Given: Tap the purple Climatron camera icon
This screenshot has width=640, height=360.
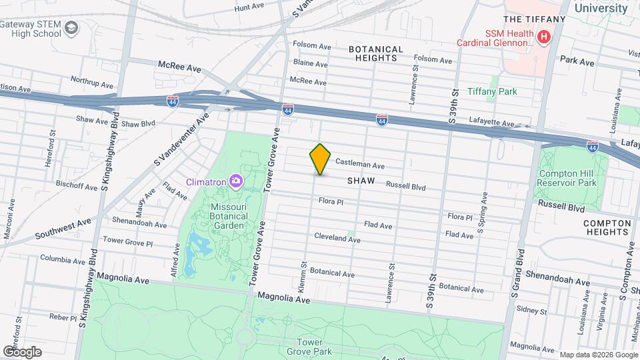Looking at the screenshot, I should [235, 181].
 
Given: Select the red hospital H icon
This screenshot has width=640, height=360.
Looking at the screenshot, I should [544, 37].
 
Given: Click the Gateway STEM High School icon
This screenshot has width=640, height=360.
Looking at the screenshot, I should [73, 29].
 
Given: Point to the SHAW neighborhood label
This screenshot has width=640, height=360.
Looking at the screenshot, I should [361, 181].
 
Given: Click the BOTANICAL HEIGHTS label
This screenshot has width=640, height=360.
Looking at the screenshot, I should [376, 53].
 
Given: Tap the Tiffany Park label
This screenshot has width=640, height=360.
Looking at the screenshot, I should [492, 91].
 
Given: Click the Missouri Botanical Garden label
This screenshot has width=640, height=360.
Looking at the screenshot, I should [229, 216].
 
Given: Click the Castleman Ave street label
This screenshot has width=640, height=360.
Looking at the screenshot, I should [359, 163].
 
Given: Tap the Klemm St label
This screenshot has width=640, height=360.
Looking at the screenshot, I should [304, 274].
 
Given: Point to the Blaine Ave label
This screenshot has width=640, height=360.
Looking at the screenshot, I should [310, 64].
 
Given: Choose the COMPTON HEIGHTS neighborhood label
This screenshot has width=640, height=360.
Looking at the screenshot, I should [606, 228].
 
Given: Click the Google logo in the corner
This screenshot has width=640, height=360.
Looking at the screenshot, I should [22, 351].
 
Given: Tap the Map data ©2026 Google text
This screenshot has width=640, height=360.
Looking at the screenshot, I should [597, 355].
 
